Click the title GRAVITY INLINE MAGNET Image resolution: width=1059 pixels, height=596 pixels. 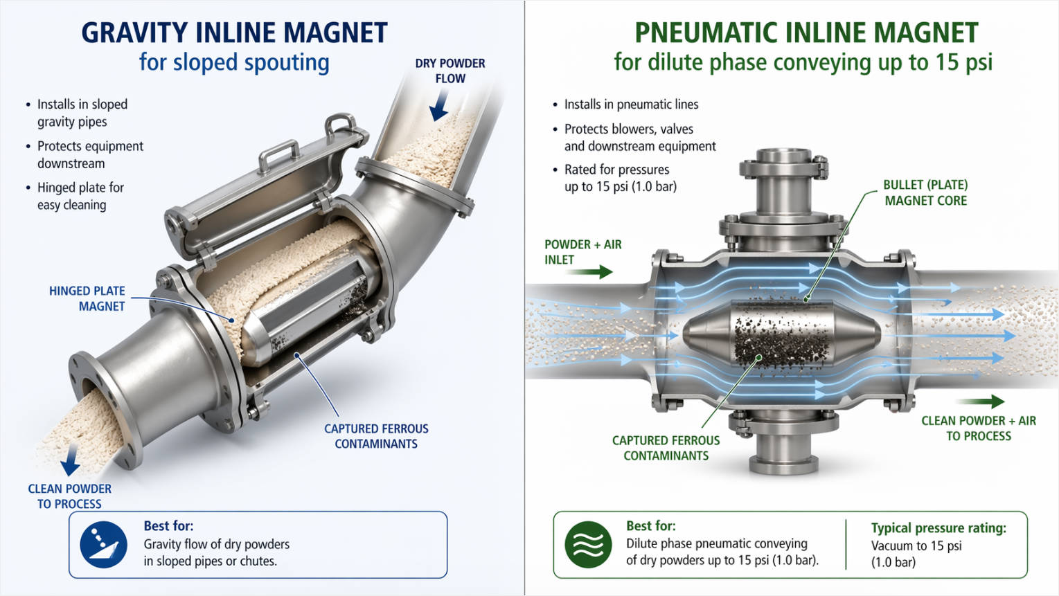[234, 33]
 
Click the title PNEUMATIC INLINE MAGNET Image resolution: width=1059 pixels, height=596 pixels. [806, 33]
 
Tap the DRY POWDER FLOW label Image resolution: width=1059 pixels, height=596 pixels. [450, 71]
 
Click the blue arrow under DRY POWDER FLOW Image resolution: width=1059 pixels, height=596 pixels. [438, 107]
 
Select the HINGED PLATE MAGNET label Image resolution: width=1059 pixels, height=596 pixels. [87, 298]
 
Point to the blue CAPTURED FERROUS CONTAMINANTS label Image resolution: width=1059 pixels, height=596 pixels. [376, 436]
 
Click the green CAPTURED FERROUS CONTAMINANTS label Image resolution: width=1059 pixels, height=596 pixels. [666, 448]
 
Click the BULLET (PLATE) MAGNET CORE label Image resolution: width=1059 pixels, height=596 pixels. [925, 192]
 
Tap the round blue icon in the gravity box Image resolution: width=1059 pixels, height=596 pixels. [104, 545]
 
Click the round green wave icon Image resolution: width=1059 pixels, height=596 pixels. [588, 545]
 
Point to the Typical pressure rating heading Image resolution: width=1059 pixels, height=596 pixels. [938, 527]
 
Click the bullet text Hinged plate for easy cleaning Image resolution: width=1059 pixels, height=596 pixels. [80, 196]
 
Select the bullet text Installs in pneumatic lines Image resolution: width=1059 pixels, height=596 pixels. [631, 105]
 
